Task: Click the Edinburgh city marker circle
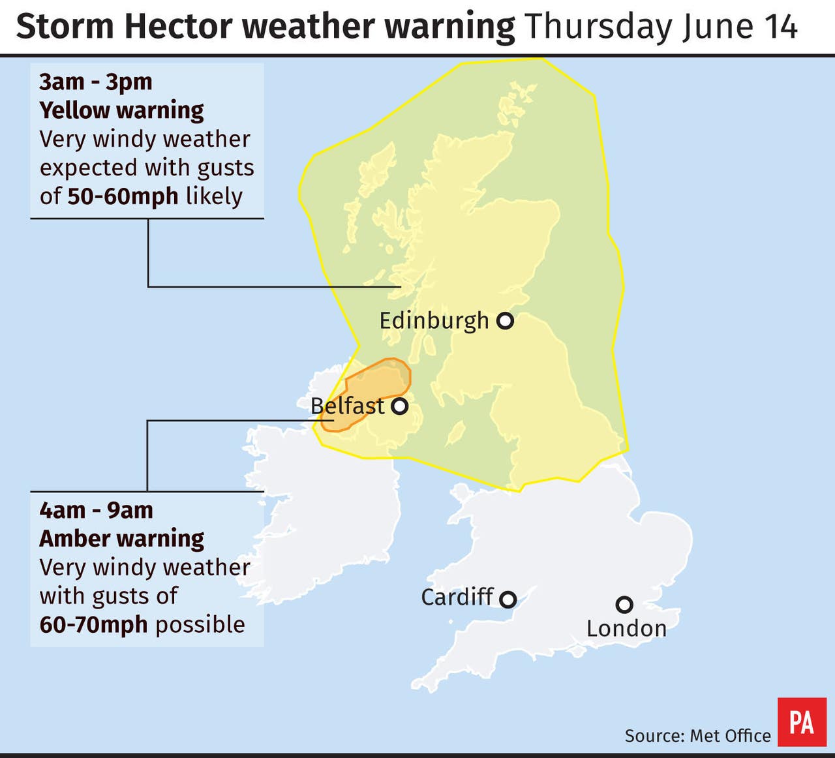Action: click(505, 321)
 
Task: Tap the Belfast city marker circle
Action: click(399, 406)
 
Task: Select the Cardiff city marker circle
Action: click(508, 599)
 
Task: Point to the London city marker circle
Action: click(624, 605)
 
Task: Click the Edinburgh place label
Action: click(434, 321)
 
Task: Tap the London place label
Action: click(626, 629)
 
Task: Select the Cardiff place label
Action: click(457, 597)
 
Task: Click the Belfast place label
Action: click(348, 406)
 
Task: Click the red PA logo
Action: click(801, 722)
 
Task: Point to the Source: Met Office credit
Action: click(697, 736)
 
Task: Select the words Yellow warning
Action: click(121, 110)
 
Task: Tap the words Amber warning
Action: click(121, 539)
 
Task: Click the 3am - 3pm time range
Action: click(96, 82)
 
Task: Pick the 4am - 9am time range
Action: click(96, 510)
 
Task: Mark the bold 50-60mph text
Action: click(123, 196)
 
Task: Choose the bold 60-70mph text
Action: click(93, 625)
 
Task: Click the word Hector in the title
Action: click(177, 27)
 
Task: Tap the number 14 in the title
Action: click(780, 27)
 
